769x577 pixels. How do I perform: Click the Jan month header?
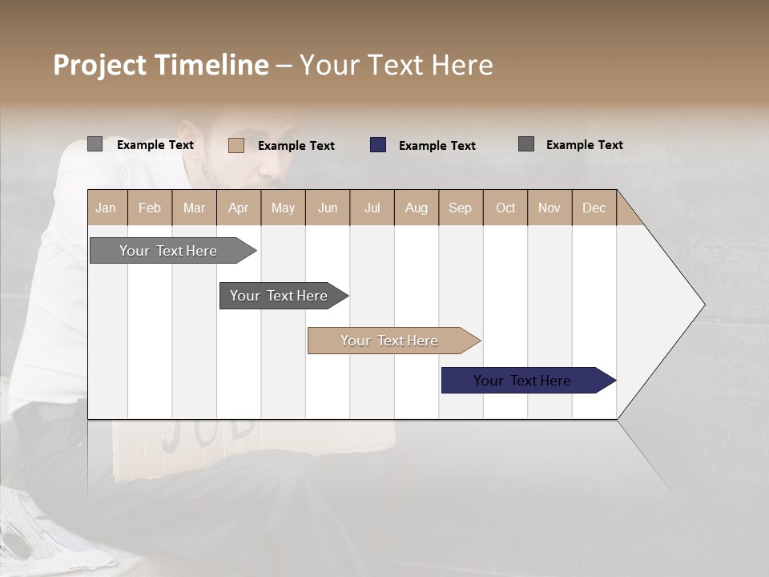coord(106,208)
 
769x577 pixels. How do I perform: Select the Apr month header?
coord(238,208)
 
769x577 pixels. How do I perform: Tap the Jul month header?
coord(372,208)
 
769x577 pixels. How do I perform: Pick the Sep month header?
coord(460,208)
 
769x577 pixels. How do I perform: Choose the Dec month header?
coord(594,208)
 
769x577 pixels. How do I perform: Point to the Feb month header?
coord(150,208)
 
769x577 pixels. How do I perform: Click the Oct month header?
coord(505,208)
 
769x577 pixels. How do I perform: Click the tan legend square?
coord(236,145)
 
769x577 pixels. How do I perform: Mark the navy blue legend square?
coord(378,145)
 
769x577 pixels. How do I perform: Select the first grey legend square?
coord(95,144)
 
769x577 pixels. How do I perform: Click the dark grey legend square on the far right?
coord(526,144)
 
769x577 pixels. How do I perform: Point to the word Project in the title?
coord(100,65)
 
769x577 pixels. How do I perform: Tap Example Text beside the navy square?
coord(437,146)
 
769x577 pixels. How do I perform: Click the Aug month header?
coord(416,208)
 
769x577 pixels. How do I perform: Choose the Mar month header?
coord(194,208)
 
